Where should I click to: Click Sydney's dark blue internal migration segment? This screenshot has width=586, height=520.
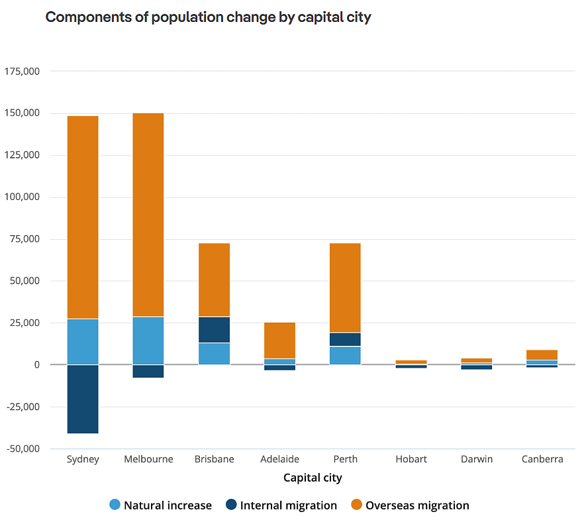pyautogui.click(x=83, y=399)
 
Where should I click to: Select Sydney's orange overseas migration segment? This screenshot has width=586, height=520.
pyautogui.click(x=83, y=217)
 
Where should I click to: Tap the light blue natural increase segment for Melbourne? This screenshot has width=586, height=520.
pyautogui.click(x=148, y=340)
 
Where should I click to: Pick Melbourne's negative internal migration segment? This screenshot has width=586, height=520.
pyautogui.click(x=148, y=371)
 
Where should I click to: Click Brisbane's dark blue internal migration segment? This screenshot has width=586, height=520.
pyautogui.click(x=214, y=329)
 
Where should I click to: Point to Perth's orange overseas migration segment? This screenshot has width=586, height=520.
pyautogui.click(x=345, y=287)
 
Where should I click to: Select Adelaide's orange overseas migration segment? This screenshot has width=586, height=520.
pyautogui.click(x=279, y=340)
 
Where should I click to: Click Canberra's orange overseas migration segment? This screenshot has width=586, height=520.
pyautogui.click(x=542, y=354)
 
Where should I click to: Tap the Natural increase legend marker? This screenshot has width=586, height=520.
pyautogui.click(x=116, y=505)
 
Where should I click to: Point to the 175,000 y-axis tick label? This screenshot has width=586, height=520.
pyautogui.click(x=23, y=72)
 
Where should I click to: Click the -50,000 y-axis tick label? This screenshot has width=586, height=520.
pyautogui.click(x=23, y=449)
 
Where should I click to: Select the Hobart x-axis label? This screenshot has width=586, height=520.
pyautogui.click(x=411, y=459)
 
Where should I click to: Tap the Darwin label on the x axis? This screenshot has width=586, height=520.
pyautogui.click(x=476, y=459)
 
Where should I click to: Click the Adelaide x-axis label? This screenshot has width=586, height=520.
pyautogui.click(x=279, y=459)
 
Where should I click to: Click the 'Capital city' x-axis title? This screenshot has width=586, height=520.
pyautogui.click(x=313, y=478)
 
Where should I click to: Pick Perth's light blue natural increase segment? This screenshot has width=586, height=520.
pyautogui.click(x=345, y=355)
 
